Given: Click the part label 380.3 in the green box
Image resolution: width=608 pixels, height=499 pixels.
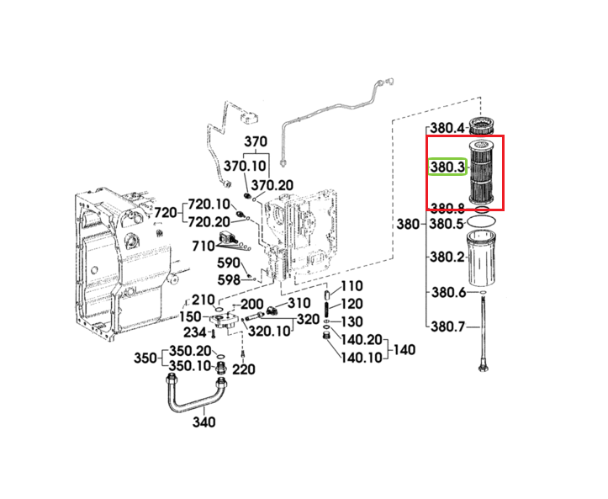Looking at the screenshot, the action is pos(447,167).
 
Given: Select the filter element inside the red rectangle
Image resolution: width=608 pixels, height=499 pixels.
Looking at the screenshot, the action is pos(482,172).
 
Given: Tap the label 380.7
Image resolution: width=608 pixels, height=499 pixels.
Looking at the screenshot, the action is pos(448,326).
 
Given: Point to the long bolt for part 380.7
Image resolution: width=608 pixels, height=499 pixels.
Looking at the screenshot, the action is pos(484,333).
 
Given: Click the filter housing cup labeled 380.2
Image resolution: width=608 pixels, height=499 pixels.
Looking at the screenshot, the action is pos(481,259).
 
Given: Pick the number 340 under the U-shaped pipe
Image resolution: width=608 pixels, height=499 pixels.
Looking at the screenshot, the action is pos(204,422).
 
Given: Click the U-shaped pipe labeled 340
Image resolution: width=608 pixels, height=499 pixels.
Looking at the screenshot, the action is pos(197,393).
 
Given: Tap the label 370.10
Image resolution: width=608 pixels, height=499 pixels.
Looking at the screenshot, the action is pos(245,166).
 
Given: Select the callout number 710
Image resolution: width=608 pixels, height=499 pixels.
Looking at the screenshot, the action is pos(204,246).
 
